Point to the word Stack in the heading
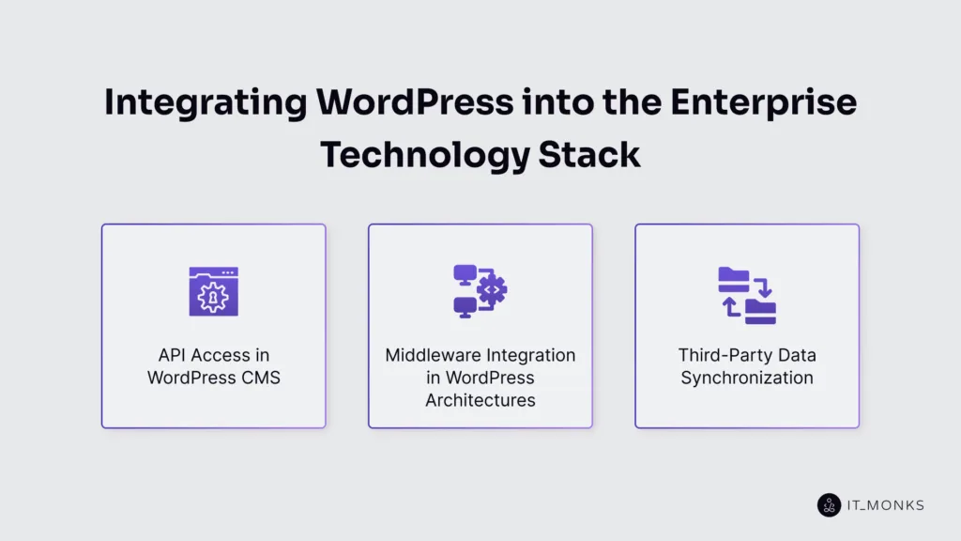coord(589,153)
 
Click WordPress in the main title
coord(380,102)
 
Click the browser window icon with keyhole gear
coord(213,291)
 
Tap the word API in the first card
coord(175,355)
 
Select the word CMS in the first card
coord(259,378)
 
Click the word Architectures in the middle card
coord(480,400)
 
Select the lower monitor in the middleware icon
coord(465,306)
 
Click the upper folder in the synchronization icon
coord(733,276)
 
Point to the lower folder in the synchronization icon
coord(761,311)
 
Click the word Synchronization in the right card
coord(747,378)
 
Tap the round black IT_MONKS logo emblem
coord(829,505)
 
